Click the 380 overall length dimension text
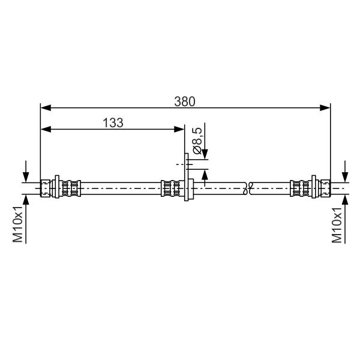(185, 101)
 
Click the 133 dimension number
(113, 123)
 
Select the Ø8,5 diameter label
(197, 140)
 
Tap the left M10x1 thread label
(17, 224)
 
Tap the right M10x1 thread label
(337, 224)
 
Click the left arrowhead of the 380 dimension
(46, 107)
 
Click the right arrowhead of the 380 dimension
(325, 107)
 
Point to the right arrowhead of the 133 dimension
(179, 129)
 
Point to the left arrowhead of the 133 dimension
(46, 129)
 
